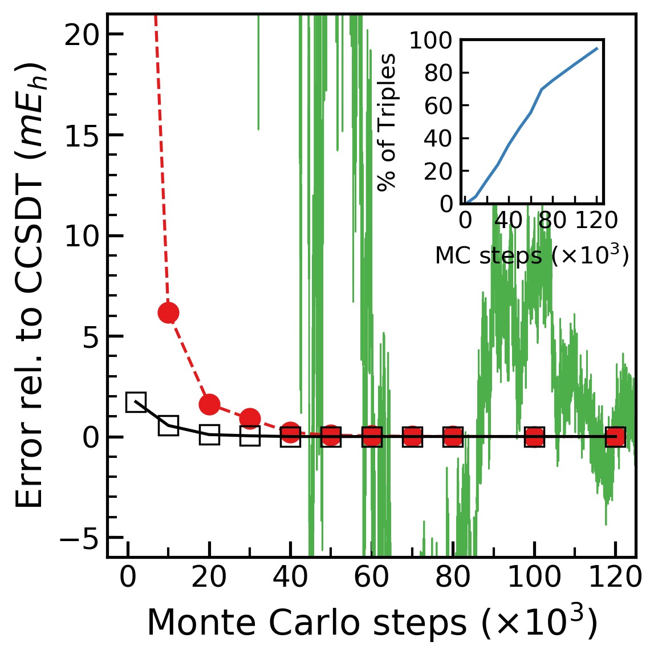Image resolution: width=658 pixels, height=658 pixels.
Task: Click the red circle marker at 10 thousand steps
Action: pos(168,312)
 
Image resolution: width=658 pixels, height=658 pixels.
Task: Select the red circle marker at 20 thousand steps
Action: pos(209,404)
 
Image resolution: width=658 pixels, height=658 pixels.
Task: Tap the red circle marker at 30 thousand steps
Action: pos(250,419)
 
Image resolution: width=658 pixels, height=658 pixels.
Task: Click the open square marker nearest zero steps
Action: pos(136,402)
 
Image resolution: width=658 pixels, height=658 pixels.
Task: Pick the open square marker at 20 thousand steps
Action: pos(209,435)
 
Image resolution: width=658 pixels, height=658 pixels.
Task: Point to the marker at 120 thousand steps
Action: pos(615,437)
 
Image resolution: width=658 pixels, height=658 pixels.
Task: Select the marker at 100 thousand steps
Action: pos(534,437)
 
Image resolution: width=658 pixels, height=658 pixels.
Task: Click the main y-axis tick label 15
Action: pos(82,135)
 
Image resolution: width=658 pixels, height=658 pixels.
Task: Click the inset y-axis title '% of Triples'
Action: pos(387,123)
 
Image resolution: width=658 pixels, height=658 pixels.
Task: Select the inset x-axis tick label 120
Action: pos(596,220)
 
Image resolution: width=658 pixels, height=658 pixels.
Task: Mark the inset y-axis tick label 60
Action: pos(438,106)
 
